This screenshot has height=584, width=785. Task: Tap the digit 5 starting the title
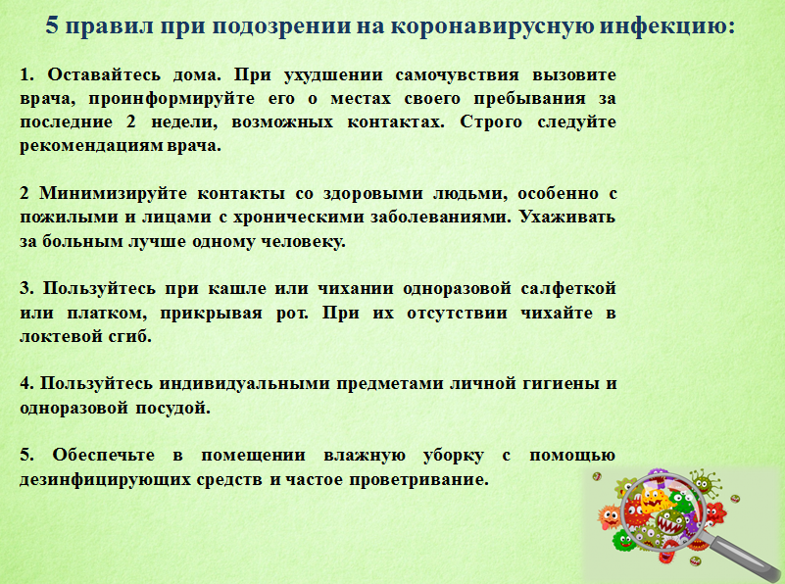pos(52,25)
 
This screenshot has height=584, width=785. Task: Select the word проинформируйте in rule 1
pos(172,99)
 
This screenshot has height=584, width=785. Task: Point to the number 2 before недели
pos(131,122)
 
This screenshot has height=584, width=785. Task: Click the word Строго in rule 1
pos(491,122)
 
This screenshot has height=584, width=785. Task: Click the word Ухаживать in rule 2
pos(566,218)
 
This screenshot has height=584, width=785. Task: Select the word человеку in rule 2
pos(303,242)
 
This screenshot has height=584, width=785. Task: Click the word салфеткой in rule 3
pos(568,289)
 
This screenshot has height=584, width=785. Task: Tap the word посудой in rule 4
pos(172,409)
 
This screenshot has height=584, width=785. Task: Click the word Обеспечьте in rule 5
pos(103,456)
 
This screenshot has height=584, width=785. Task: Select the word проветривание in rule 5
pos(418,480)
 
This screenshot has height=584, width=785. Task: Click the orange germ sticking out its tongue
pos(610,517)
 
